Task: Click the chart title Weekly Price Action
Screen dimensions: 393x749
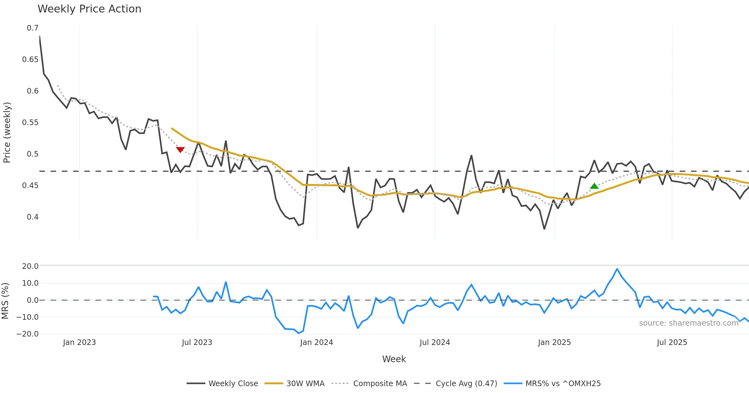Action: tap(89, 9)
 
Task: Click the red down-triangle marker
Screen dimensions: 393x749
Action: tap(180, 150)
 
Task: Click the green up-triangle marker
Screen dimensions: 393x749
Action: tap(594, 186)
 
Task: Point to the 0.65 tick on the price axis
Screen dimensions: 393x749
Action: tap(30, 60)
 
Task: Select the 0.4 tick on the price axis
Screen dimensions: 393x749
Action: tap(32, 217)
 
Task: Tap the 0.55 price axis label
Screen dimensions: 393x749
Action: tap(30, 123)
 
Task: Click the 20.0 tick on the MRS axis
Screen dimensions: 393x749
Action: tap(30, 266)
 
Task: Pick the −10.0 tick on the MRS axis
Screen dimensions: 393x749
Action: tap(28, 317)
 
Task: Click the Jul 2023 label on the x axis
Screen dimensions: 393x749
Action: tap(197, 342)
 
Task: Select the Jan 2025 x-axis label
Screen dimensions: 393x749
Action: tap(554, 342)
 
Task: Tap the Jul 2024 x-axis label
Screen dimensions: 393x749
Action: tap(435, 342)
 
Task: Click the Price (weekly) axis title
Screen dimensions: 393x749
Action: tap(7, 133)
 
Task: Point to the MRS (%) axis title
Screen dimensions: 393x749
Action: tap(5, 301)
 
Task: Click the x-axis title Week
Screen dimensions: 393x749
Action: tap(394, 359)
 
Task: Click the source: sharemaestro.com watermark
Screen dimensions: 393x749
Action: tap(688, 323)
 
